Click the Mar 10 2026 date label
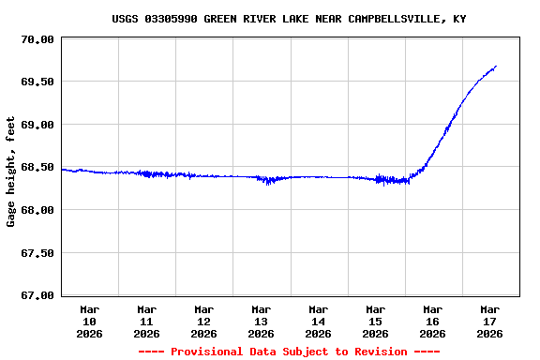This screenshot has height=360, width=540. click(90, 321)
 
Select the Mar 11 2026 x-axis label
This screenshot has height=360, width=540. click(147, 321)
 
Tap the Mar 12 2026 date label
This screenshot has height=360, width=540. click(204, 321)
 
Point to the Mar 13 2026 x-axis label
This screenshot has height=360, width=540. click(262, 321)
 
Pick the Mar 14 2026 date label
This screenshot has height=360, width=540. click(319, 321)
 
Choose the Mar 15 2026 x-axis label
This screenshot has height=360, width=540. click(376, 321)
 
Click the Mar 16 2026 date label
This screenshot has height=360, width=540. click(433, 321)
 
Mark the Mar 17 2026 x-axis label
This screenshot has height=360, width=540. click(490, 321)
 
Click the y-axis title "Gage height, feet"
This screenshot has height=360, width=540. click(11, 172)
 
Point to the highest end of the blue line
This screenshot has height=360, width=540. click(495, 67)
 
